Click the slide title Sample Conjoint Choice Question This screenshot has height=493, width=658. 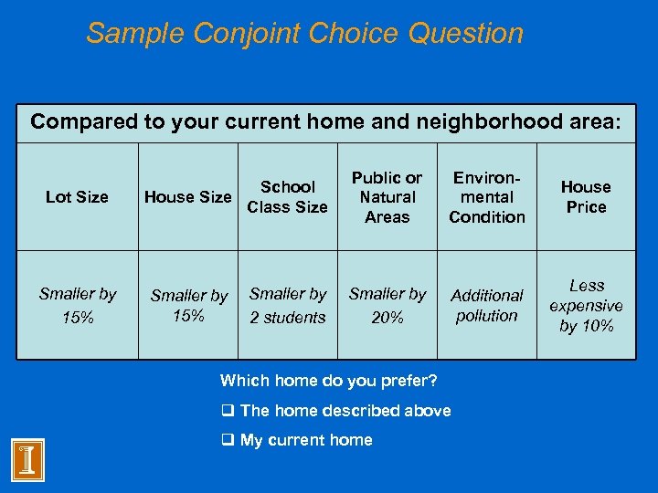[304, 34]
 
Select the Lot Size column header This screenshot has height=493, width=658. [77, 197]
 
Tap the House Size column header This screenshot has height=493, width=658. [188, 197]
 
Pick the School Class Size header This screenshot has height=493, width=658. [288, 197]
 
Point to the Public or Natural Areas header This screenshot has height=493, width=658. [387, 197]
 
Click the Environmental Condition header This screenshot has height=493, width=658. [487, 197]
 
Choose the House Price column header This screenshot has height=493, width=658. [586, 197]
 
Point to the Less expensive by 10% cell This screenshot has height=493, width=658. [586, 306]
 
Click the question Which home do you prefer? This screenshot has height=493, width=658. [329, 381]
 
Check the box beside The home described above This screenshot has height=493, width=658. [228, 411]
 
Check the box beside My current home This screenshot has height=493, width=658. [228, 440]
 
